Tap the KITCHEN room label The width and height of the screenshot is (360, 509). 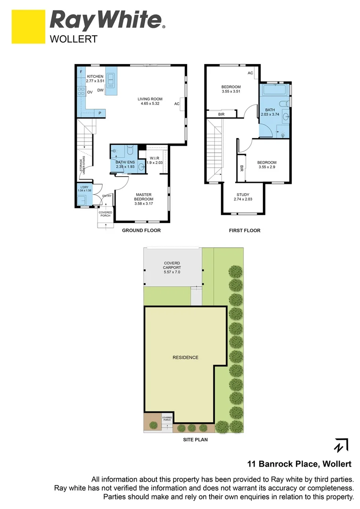pyautogui.click(x=95, y=76)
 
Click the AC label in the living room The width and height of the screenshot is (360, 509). pyautogui.click(x=177, y=104)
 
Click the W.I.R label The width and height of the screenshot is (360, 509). pyautogui.click(x=154, y=158)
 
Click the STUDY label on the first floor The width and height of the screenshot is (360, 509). pyautogui.click(x=243, y=195)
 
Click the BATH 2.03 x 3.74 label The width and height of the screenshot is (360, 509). pyautogui.click(x=270, y=112)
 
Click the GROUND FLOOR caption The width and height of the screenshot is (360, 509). pyautogui.click(x=141, y=230)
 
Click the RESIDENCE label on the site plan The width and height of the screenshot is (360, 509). pyautogui.click(x=185, y=357)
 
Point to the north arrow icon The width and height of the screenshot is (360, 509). pyautogui.click(x=341, y=445)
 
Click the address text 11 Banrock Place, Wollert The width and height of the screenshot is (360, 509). pyautogui.click(x=299, y=464)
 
